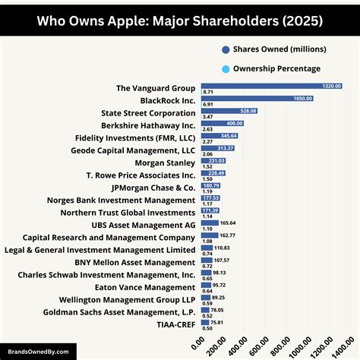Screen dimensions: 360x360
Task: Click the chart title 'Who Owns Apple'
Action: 179,17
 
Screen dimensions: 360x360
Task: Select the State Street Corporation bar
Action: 219,111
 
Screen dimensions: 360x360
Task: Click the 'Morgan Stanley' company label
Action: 165,163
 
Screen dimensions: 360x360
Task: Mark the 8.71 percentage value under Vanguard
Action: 208,91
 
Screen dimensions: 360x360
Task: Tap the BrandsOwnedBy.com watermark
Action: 39,351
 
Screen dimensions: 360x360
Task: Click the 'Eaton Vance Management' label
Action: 144,287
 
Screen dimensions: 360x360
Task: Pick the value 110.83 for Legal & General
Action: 223,248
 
